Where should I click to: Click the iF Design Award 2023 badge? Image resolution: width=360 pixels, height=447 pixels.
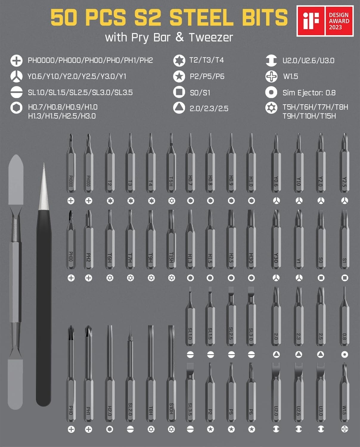(x=325, y=21)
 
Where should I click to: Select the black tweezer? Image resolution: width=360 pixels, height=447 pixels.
(x=44, y=298)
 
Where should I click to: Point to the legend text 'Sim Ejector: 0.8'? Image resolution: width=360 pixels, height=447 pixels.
(x=309, y=93)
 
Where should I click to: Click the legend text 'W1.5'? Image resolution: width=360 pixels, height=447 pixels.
(x=291, y=77)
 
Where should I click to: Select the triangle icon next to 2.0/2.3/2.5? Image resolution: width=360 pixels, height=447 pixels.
(x=179, y=108)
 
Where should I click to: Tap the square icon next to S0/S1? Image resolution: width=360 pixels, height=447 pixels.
(x=179, y=92)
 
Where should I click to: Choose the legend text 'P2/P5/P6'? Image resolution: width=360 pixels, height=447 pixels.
(x=207, y=77)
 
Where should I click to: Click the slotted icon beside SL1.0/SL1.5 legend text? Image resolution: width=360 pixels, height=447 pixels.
(x=16, y=92)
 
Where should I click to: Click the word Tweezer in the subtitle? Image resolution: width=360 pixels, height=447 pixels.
(x=211, y=38)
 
